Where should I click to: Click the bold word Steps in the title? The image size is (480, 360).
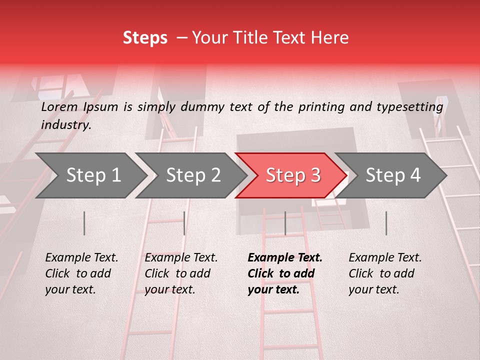click(x=145, y=38)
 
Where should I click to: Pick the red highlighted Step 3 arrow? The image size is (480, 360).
click(x=293, y=175)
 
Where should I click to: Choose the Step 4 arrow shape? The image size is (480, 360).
click(x=393, y=175)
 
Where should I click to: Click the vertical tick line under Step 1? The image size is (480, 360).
click(x=84, y=223)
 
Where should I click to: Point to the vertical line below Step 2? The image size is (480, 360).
click(x=184, y=223)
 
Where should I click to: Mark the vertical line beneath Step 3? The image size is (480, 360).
click(x=285, y=223)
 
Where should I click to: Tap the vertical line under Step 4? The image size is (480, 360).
click(x=386, y=223)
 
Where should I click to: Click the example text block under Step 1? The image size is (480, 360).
click(x=81, y=273)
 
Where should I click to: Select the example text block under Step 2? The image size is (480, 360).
click(x=181, y=273)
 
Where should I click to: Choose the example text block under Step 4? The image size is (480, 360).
click(x=385, y=273)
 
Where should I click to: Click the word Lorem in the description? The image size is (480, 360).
click(x=59, y=107)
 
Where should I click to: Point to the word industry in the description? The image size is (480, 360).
click(x=66, y=125)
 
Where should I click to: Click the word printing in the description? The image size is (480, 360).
click(x=321, y=107)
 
